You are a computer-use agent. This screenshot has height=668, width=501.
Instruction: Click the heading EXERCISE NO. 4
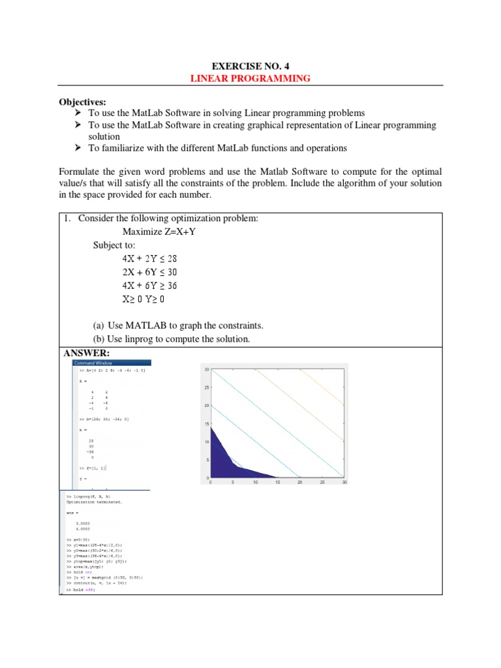point(250,65)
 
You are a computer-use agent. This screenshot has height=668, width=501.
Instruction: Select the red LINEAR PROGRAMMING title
point(250,78)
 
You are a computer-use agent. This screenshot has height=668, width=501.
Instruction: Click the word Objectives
point(82,102)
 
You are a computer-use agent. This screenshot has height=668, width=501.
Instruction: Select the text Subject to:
point(115,245)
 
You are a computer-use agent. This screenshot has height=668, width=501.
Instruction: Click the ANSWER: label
point(87,353)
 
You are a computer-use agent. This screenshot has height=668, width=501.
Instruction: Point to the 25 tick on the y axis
point(205,387)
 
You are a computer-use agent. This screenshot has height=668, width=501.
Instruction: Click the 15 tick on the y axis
point(205,423)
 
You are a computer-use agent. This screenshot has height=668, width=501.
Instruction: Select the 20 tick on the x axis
point(299,483)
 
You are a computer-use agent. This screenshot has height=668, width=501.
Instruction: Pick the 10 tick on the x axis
point(255,483)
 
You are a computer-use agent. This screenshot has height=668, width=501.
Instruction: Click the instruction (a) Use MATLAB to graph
point(177,325)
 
